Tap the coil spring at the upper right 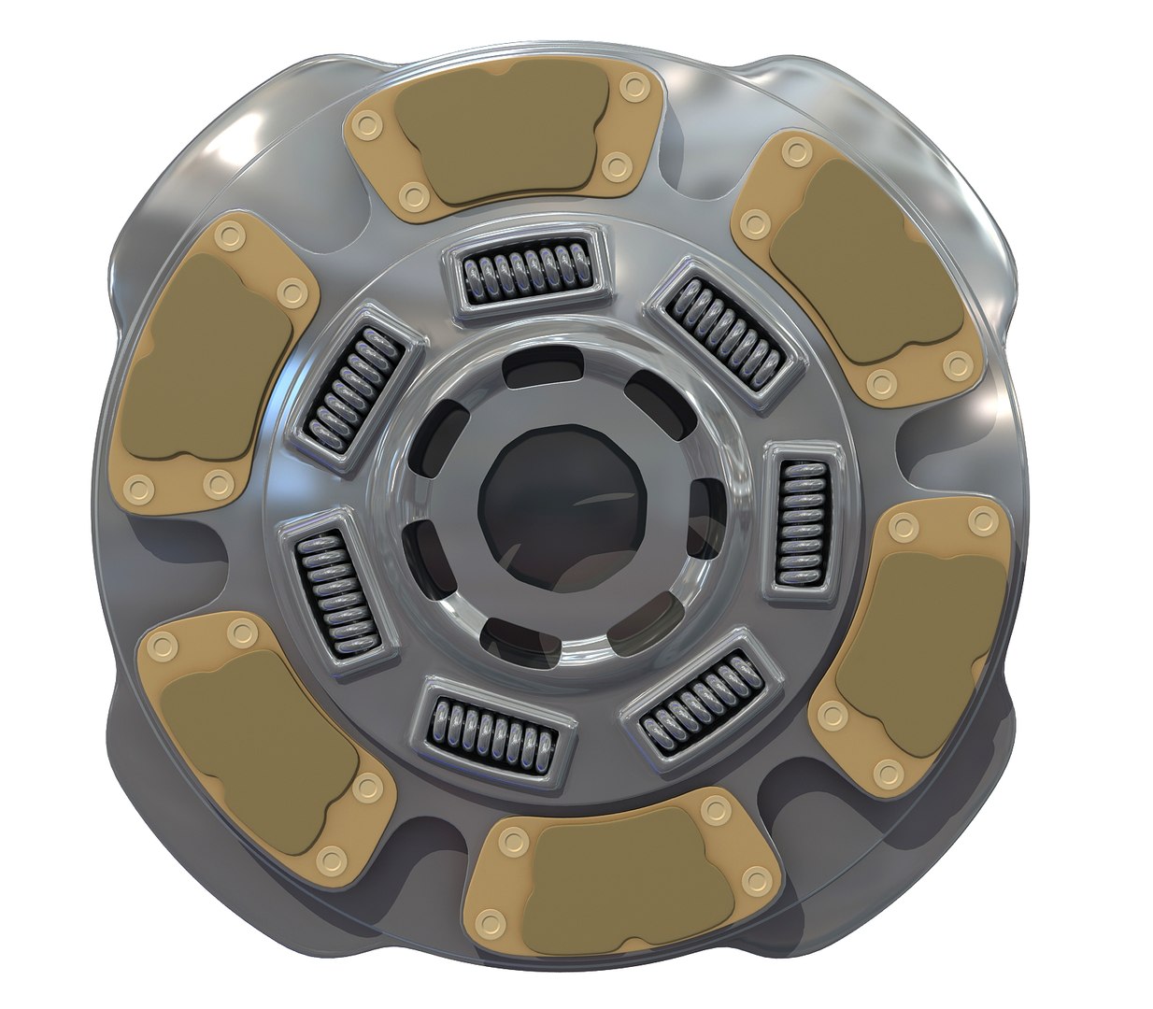coord(728,334)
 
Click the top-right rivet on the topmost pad coord(636,88)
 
